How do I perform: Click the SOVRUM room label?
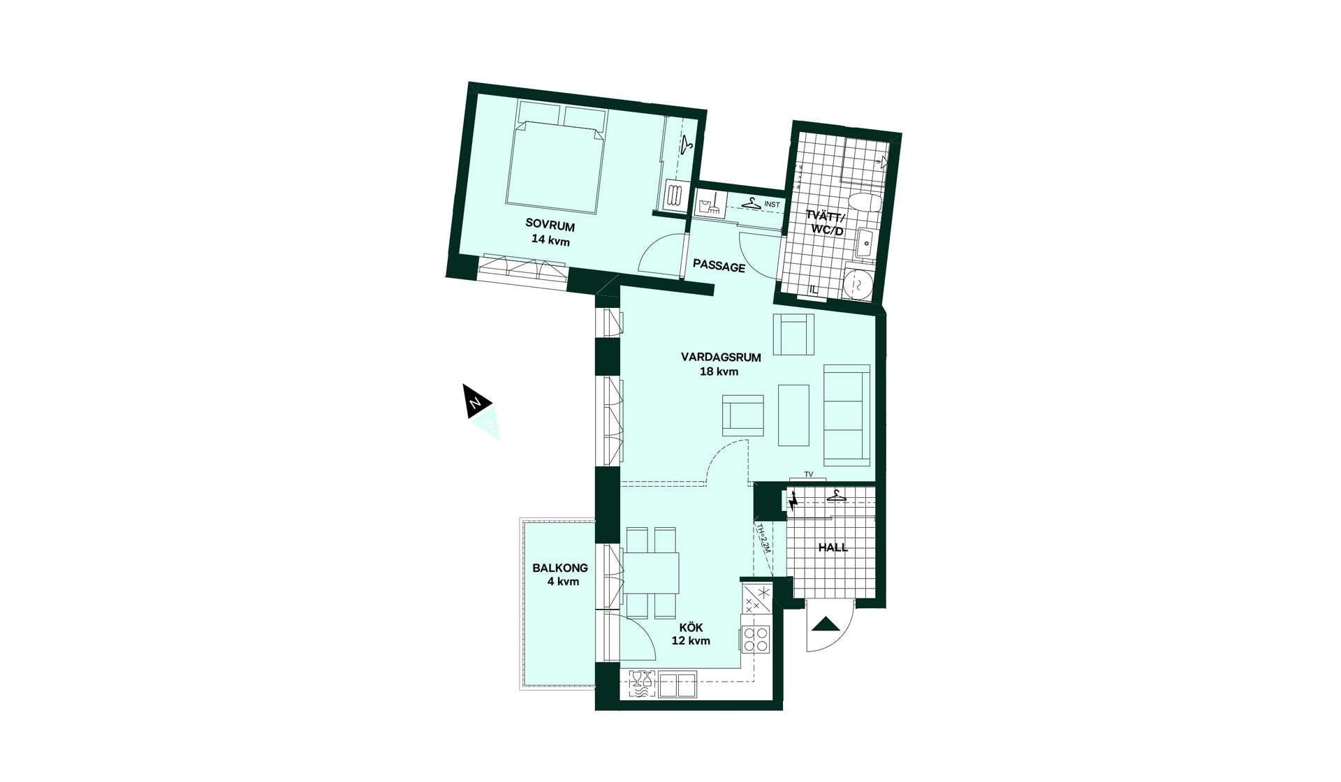point(550,226)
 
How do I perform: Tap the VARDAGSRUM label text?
point(721,357)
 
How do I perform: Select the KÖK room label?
point(691,628)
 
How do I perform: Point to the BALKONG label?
point(560,568)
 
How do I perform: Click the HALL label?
point(833,547)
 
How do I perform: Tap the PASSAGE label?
point(719,267)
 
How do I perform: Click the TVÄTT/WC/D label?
point(826,223)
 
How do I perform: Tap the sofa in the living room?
point(847,415)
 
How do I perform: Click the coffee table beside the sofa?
point(793,415)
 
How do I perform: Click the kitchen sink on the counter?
point(677,684)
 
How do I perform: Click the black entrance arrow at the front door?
point(826,624)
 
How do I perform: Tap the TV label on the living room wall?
point(809,475)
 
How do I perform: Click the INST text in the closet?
point(772,205)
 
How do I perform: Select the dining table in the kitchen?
point(651,573)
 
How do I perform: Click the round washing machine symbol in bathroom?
point(857,283)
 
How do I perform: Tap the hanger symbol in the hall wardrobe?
point(835,496)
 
